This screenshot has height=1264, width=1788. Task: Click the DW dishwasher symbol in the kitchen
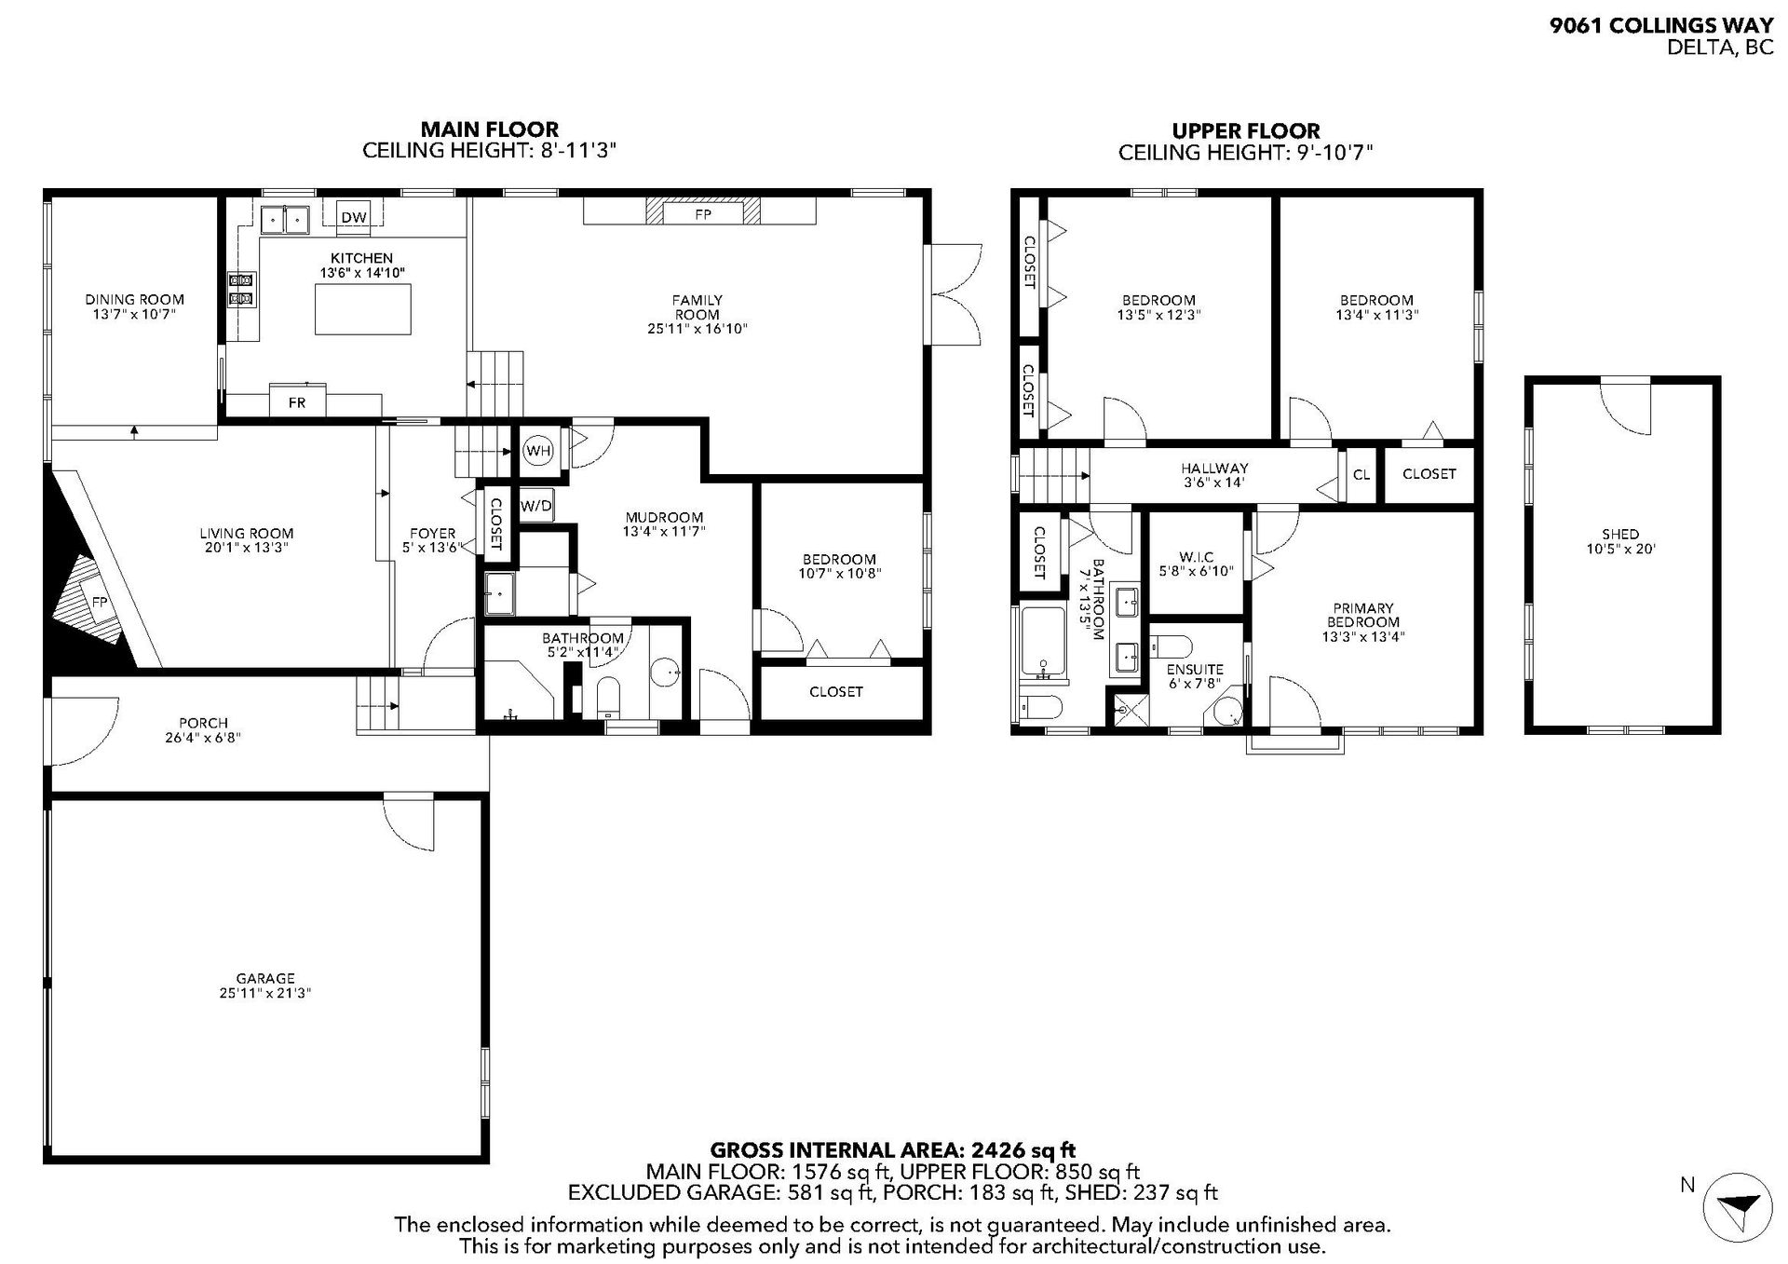click(x=354, y=217)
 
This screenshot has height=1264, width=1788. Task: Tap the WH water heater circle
click(x=538, y=451)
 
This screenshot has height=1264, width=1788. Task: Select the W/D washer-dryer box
click(x=535, y=507)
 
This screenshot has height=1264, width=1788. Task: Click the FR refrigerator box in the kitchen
click(x=297, y=401)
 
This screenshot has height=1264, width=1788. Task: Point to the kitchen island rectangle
click(x=363, y=309)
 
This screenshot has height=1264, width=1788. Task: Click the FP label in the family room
click(x=703, y=214)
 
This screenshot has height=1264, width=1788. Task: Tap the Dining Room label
click(x=135, y=299)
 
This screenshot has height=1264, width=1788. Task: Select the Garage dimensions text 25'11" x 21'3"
click(x=265, y=993)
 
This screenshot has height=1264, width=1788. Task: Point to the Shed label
click(x=1620, y=534)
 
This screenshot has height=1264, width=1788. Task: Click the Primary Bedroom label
click(x=1362, y=615)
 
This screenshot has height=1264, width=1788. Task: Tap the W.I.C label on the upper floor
click(x=1196, y=557)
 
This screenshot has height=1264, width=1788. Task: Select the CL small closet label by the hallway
click(x=1361, y=475)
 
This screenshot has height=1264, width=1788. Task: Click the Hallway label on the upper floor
click(x=1214, y=469)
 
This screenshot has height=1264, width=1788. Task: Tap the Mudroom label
click(x=664, y=517)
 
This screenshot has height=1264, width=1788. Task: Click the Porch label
click(x=203, y=723)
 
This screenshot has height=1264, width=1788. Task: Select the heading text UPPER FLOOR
click(x=1246, y=131)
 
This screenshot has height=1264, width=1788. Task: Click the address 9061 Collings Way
click(x=1661, y=26)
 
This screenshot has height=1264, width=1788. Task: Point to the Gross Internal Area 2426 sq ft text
click(x=893, y=1150)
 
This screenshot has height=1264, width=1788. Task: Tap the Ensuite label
click(x=1195, y=670)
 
